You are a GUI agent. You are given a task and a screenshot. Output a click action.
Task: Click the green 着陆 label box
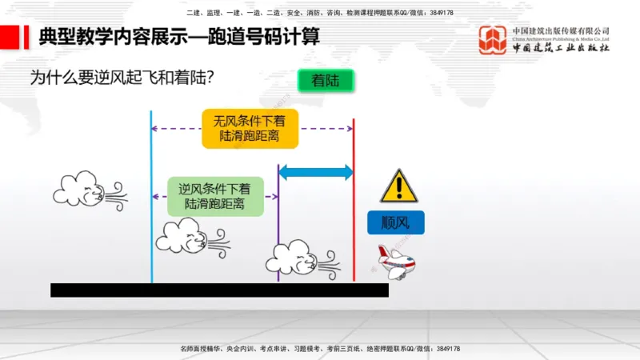[325, 81]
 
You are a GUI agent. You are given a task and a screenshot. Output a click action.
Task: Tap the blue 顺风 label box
[396, 222]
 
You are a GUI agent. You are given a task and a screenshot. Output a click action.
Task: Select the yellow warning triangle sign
[397, 186]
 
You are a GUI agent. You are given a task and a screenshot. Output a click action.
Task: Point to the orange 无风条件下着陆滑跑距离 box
[250, 129]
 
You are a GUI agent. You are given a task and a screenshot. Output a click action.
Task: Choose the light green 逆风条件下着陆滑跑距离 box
[214, 196]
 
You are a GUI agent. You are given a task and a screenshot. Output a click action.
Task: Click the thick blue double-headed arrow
[315, 172]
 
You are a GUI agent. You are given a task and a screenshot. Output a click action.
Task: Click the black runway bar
[219, 290]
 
